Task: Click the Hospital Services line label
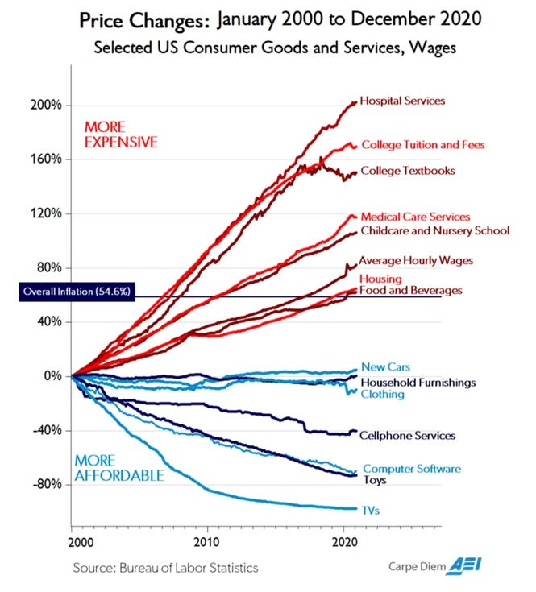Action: coord(402,101)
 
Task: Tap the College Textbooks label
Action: coord(408,171)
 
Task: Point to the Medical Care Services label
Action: coord(415,217)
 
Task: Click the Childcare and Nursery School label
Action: coord(434,231)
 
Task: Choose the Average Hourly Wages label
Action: coord(415,260)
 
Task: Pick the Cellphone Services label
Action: coord(408,436)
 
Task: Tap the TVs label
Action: coord(371,510)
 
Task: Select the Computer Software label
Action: coord(411,469)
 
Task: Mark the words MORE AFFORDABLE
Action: coord(119,468)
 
